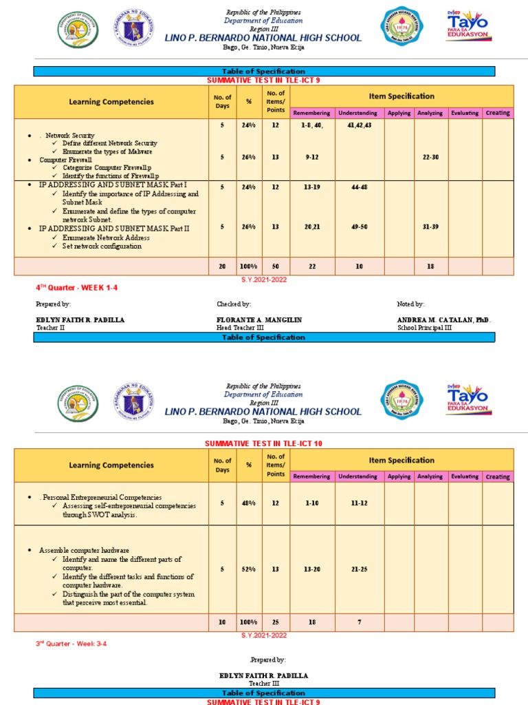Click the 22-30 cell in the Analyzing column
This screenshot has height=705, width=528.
(430, 157)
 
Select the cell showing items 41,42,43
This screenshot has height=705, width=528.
(359, 126)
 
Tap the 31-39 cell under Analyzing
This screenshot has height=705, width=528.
(430, 227)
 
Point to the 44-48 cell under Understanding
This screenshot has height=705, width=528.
(359, 187)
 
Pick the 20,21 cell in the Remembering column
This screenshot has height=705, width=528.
(312, 227)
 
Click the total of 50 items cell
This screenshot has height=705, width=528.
(276, 266)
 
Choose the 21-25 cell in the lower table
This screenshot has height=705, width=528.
(359, 569)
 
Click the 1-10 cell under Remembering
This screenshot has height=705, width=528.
(312, 503)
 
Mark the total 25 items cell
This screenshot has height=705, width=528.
(276, 622)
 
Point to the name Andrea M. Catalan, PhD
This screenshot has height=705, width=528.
(443, 320)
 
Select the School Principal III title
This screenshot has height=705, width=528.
(425, 328)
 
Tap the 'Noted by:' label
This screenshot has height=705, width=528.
(410, 304)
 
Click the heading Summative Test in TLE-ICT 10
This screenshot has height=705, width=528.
(264, 443)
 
